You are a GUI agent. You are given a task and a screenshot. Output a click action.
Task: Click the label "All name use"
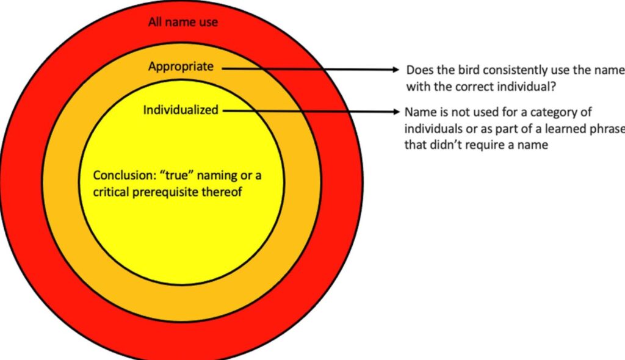183,21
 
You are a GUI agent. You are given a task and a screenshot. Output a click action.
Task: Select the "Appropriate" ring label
181,67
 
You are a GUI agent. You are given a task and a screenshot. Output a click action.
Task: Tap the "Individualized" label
181,110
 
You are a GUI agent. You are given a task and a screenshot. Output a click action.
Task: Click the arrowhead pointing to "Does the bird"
395,70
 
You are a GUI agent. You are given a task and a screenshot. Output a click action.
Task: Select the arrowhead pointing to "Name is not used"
395,112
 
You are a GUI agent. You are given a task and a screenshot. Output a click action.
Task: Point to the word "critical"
111,192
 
